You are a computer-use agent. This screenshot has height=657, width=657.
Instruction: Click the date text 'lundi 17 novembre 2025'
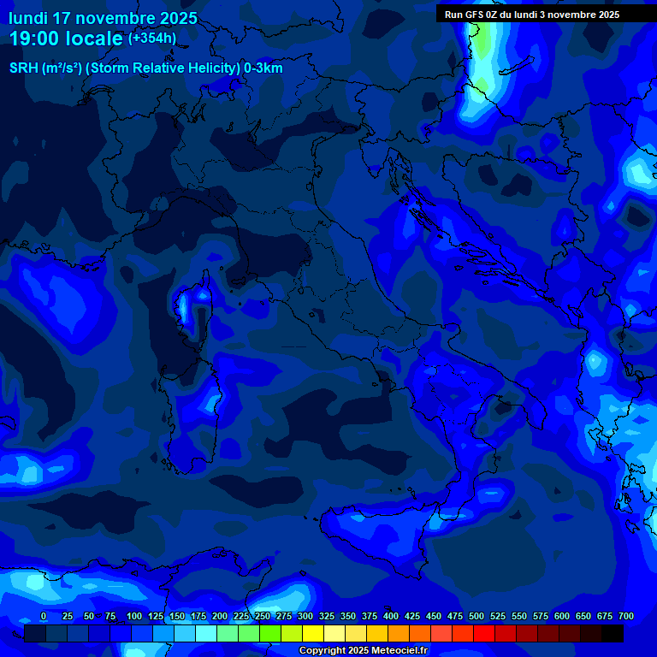pos(103,18)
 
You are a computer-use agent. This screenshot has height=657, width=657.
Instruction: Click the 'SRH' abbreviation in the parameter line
pos(23,68)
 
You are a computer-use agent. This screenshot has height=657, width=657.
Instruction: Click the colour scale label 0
pos(44,617)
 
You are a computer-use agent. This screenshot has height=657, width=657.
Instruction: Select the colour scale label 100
pos(134,617)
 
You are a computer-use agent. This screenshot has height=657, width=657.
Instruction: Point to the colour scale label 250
pos(263,617)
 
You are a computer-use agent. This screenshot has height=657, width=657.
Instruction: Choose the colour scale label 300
pos(305,617)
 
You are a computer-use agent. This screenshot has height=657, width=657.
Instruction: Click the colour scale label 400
pos(391,617)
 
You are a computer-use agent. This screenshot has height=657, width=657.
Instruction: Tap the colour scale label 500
pos(476,617)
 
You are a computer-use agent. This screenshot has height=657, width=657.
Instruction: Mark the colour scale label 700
pos(626,617)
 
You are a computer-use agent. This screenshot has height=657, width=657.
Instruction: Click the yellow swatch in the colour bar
pos(313,633)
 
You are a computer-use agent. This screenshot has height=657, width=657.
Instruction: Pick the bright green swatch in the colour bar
pos(270,633)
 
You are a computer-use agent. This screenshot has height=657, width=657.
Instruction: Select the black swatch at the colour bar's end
pos(613,633)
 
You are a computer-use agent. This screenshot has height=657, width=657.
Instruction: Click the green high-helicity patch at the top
pos(485,43)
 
